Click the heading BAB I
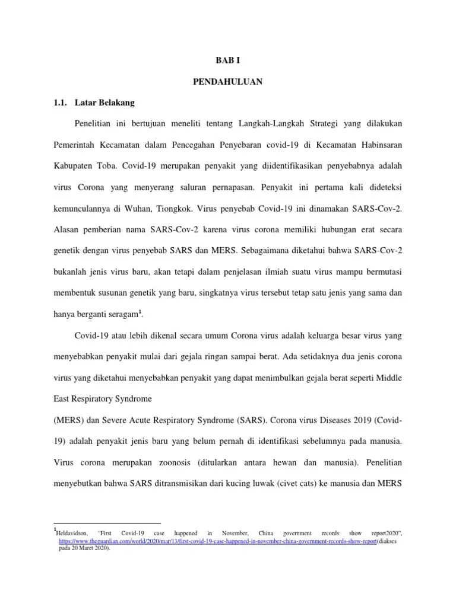pos(227,60)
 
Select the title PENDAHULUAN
pos(227,82)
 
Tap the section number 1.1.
pos(61,103)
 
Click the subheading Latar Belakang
pos(104,103)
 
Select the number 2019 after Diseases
pos(360,420)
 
